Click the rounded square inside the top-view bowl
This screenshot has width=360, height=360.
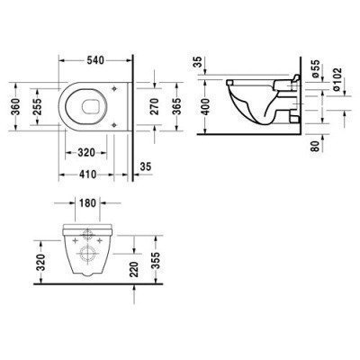click(x=88, y=109)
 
